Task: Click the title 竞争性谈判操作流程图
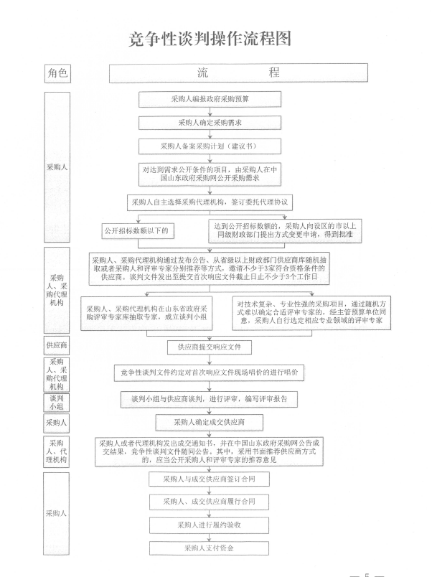210,39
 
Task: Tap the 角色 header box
57,73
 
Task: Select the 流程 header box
238,72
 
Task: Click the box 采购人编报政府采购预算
210,99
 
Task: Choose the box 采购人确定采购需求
210,123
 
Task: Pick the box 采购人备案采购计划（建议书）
210,146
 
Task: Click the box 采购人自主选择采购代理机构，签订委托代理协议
210,202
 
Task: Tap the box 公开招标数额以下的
138,231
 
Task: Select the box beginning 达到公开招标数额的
285,230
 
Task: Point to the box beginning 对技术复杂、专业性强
311,312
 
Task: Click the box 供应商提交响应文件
210,347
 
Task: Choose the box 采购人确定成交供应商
210,422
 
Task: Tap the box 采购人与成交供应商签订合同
209,479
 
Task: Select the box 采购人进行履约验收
209,525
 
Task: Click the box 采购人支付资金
209,548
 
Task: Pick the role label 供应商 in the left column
57,345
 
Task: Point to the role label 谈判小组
57,402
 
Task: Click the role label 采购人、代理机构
56,451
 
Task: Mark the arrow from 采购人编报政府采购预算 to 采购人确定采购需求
210,112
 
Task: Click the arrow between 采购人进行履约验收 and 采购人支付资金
209,538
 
